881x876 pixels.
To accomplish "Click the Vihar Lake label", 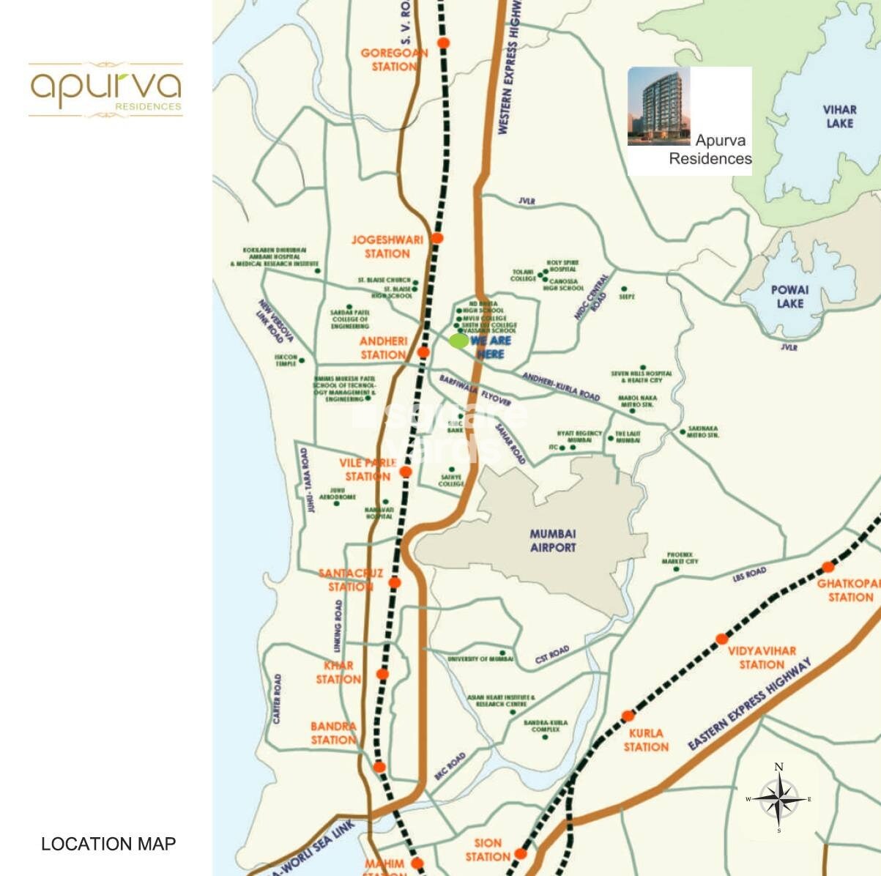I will [x=839, y=116].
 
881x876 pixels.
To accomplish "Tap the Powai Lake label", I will [x=789, y=297].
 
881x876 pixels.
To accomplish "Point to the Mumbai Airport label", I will [x=553, y=541].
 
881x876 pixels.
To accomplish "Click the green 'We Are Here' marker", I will [x=459, y=341].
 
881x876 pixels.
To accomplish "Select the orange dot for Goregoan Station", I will [x=443, y=43].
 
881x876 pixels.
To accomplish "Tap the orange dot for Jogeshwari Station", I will [x=437, y=238].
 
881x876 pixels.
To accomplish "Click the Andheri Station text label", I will [x=383, y=348].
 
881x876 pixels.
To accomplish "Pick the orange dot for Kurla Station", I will [x=628, y=716].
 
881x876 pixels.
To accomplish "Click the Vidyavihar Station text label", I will [x=762, y=658].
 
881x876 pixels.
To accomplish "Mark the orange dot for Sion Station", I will [x=520, y=853].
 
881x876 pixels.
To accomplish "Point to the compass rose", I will [x=779, y=799].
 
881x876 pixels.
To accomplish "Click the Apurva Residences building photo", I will [x=658, y=106].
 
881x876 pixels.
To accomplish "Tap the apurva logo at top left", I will [x=105, y=89].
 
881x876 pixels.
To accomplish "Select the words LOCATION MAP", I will [x=108, y=844].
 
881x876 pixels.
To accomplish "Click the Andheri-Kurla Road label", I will [x=561, y=386].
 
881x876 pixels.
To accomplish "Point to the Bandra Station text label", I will [x=333, y=733].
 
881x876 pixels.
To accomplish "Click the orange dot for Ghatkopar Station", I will [x=828, y=567].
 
